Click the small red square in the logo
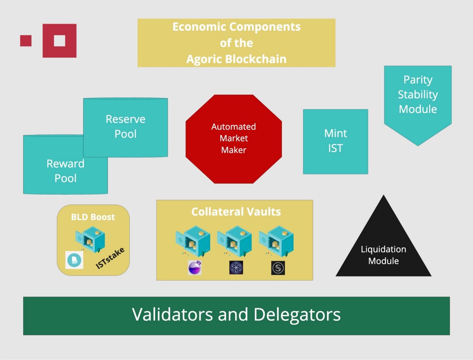click(x=26, y=41)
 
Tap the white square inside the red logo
click(x=59, y=41)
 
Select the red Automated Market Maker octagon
click(x=234, y=139)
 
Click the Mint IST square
click(x=336, y=142)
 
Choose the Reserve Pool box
click(x=125, y=127)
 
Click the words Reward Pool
click(x=65, y=171)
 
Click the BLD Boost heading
click(x=93, y=217)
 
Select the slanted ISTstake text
click(x=110, y=258)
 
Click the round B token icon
click(x=74, y=260)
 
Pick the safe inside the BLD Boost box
click(x=91, y=239)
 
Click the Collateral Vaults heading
click(x=236, y=211)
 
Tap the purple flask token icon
click(x=195, y=267)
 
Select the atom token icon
click(x=236, y=267)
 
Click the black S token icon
click(x=278, y=268)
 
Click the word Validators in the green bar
click(x=173, y=314)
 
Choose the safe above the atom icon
click(x=234, y=241)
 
